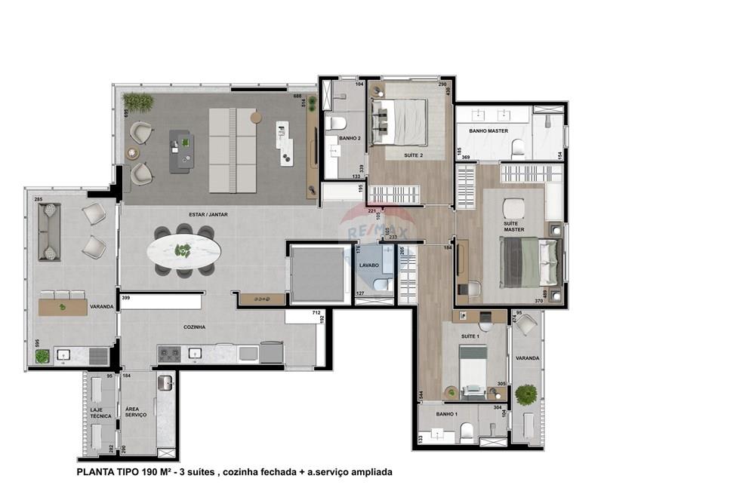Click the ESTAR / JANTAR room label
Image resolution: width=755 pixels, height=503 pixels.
[x=208, y=215]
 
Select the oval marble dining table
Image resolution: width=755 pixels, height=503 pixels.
[x=184, y=251]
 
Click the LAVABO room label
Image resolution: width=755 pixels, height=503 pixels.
[x=368, y=265]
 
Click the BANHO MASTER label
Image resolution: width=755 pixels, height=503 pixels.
[x=488, y=131]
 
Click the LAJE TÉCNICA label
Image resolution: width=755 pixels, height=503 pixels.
[x=100, y=413]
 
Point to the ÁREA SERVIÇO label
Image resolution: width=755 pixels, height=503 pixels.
[x=136, y=412]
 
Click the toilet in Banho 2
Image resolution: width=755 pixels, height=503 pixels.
[x=337, y=122]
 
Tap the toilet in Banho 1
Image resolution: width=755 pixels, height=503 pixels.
[x=467, y=431]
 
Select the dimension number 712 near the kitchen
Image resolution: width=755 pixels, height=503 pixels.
[x=317, y=312]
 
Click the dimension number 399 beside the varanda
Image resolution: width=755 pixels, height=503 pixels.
[x=126, y=299]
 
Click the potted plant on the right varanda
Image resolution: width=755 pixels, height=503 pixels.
[x=525, y=394]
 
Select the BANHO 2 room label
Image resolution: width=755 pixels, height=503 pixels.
[x=349, y=138]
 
